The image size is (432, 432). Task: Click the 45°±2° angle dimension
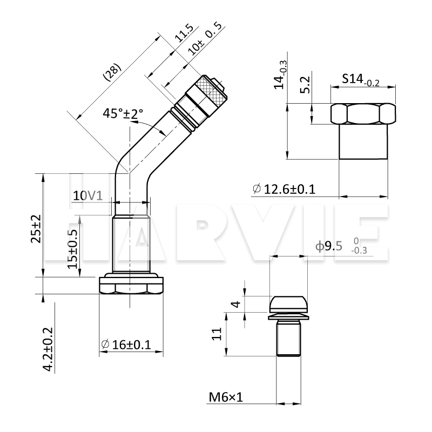pyautogui.click(x=123, y=113)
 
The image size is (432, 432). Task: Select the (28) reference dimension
pyautogui.click(x=112, y=72)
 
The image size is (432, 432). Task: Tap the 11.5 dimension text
pyautogui.click(x=184, y=33)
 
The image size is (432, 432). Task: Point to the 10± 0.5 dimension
pyautogui.click(x=205, y=39)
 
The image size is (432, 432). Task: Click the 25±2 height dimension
pyautogui.click(x=36, y=228)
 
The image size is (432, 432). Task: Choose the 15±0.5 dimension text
pyautogui.click(x=73, y=249)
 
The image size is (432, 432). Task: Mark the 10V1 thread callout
pyautogui.click(x=88, y=195)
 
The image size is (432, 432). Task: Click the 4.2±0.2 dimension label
pyautogui.click(x=48, y=349)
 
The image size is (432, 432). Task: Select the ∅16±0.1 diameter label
pyautogui.click(x=126, y=345)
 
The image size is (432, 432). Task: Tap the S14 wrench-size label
pyautogui.click(x=361, y=80)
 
